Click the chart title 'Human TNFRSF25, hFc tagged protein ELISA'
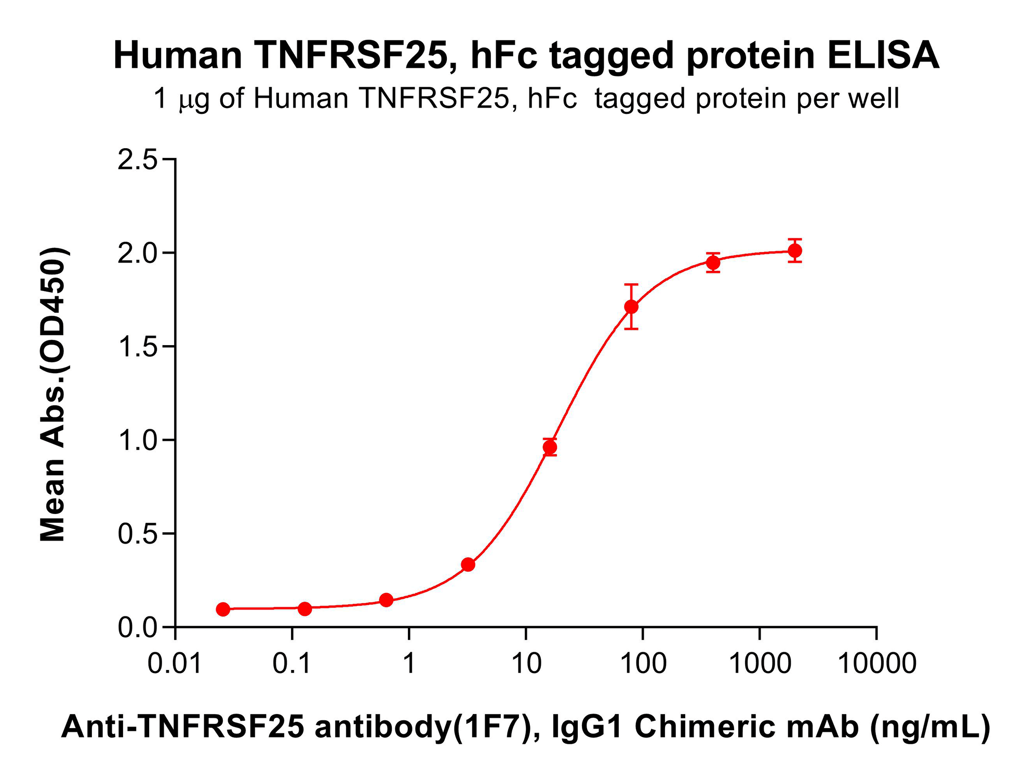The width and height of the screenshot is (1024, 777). (526, 55)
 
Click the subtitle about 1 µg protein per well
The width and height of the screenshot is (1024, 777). (526, 98)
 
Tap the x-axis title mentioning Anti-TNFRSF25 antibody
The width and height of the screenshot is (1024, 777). (525, 726)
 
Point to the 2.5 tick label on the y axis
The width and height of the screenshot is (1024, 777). (137, 160)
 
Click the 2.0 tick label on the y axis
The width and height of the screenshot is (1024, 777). (137, 253)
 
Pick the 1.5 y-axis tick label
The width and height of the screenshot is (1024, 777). (137, 347)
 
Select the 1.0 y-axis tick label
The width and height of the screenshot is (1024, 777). (137, 440)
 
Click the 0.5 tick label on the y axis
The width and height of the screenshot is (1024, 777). (137, 534)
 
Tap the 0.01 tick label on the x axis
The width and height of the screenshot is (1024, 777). (175, 664)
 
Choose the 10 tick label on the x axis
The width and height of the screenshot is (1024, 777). (526, 664)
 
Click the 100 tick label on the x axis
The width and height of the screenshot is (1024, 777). (643, 664)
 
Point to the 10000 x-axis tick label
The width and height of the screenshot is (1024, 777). (877, 664)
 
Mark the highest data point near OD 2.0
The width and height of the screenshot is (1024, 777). (794, 251)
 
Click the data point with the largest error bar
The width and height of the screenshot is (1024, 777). (631, 307)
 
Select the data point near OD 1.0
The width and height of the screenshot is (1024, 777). (550, 447)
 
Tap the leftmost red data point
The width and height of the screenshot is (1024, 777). (223, 609)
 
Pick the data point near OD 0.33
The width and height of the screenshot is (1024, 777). (468, 564)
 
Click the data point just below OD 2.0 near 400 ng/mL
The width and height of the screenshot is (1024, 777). (713, 262)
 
